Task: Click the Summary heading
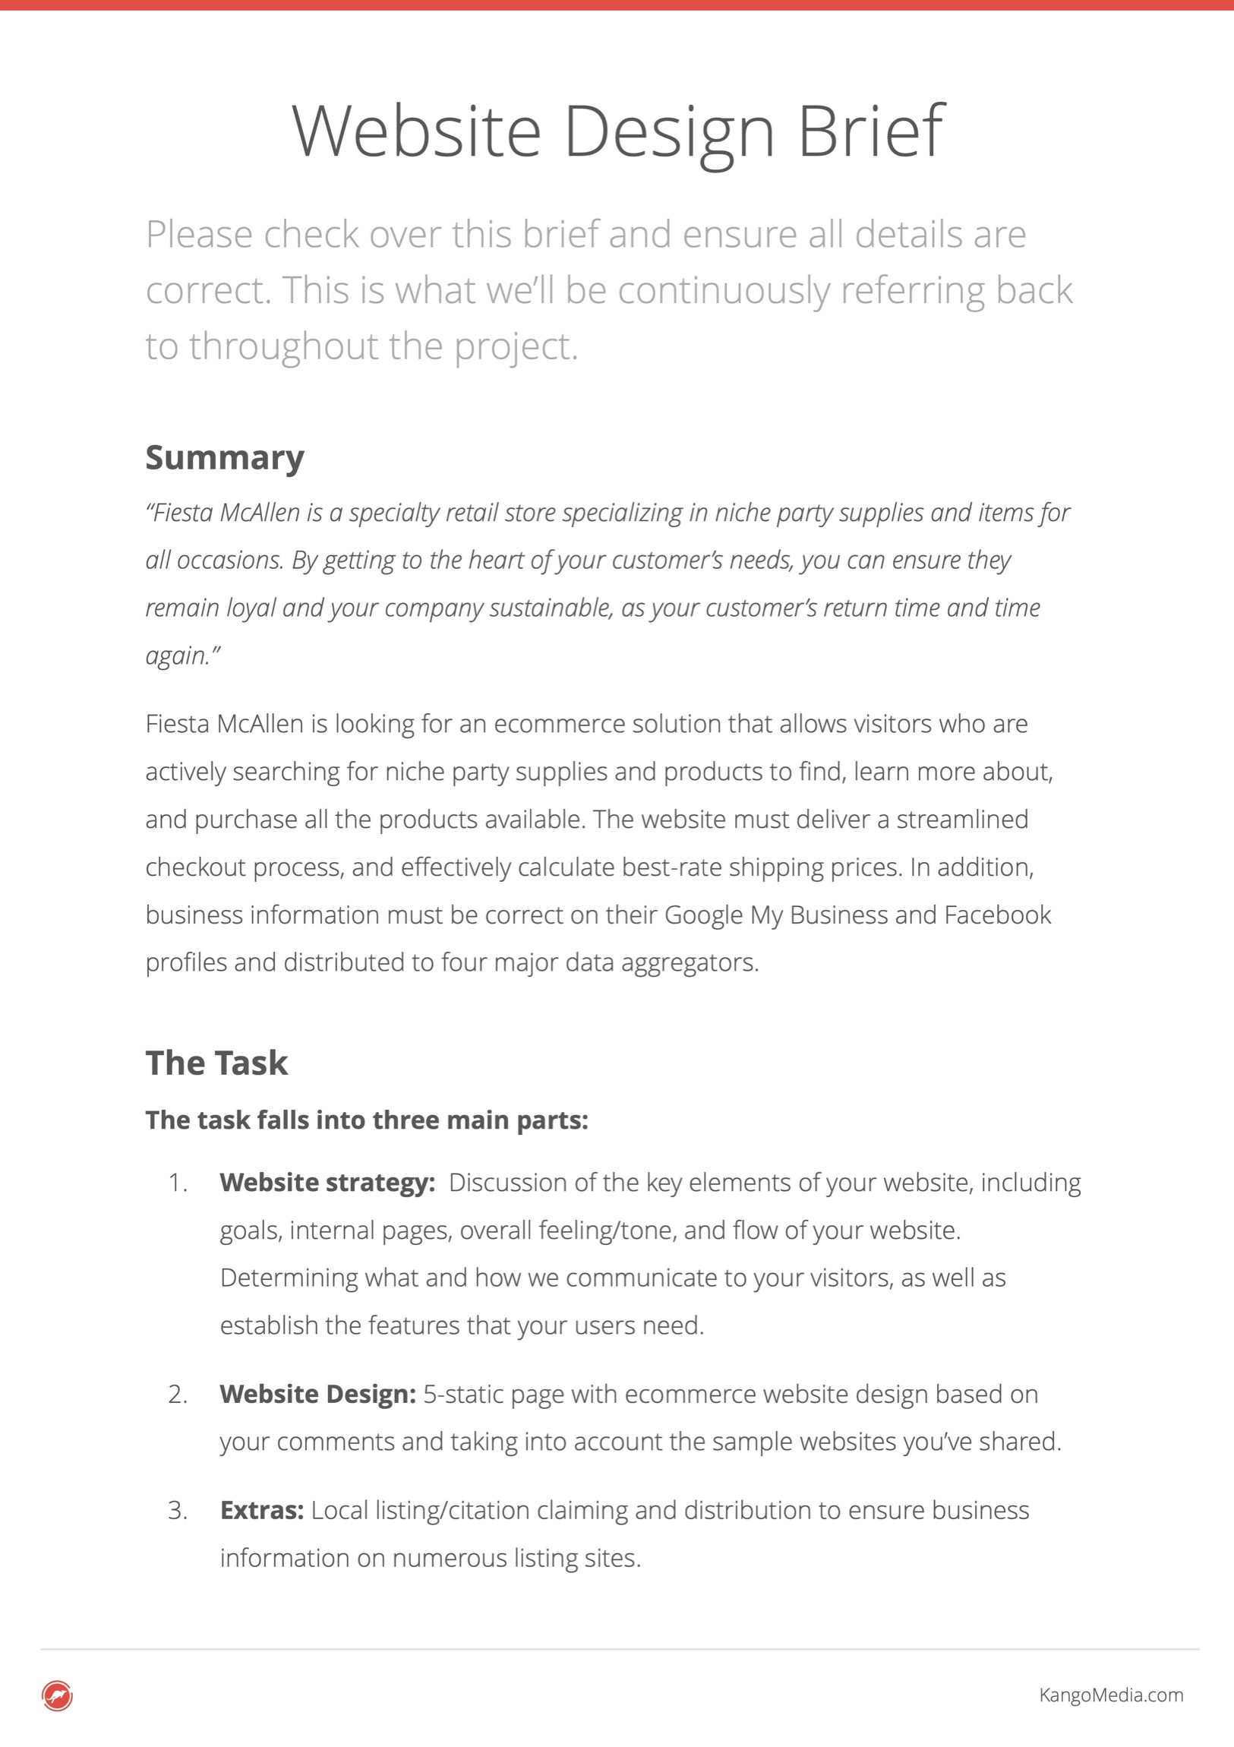225,457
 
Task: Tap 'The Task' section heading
217,1063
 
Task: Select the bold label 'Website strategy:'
327,1183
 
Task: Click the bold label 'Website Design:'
317,1394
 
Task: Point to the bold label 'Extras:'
262,1510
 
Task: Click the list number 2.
177,1395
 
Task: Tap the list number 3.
177,1511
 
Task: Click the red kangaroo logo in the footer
57,1695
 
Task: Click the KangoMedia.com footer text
1111,1695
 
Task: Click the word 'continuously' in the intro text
724,291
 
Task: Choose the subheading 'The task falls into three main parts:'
367,1120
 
